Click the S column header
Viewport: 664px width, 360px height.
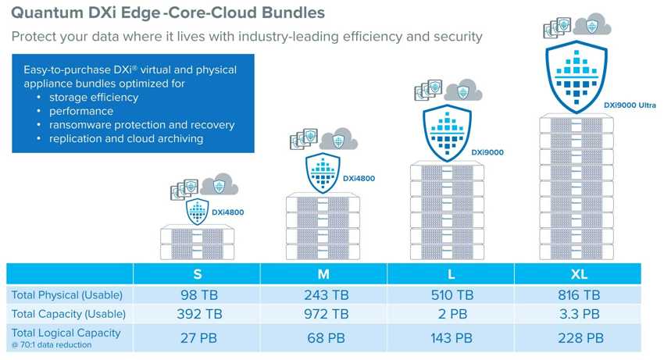pyautogui.click(x=197, y=274)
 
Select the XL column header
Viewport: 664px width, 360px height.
pyautogui.click(x=578, y=274)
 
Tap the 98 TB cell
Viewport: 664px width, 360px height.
pyautogui.click(x=197, y=295)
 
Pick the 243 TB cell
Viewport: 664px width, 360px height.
pyautogui.click(x=324, y=295)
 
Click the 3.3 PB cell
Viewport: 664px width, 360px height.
pyautogui.click(x=578, y=314)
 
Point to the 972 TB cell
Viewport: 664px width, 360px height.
pyautogui.click(x=324, y=314)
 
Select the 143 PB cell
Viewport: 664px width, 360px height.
pyautogui.click(x=451, y=338)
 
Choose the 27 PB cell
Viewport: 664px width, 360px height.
pyautogui.click(x=197, y=338)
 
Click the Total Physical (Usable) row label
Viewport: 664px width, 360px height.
pyautogui.click(x=66, y=295)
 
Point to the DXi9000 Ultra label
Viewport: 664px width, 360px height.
pyautogui.click(x=630, y=105)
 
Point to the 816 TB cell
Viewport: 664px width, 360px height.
pyautogui.click(x=578, y=295)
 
